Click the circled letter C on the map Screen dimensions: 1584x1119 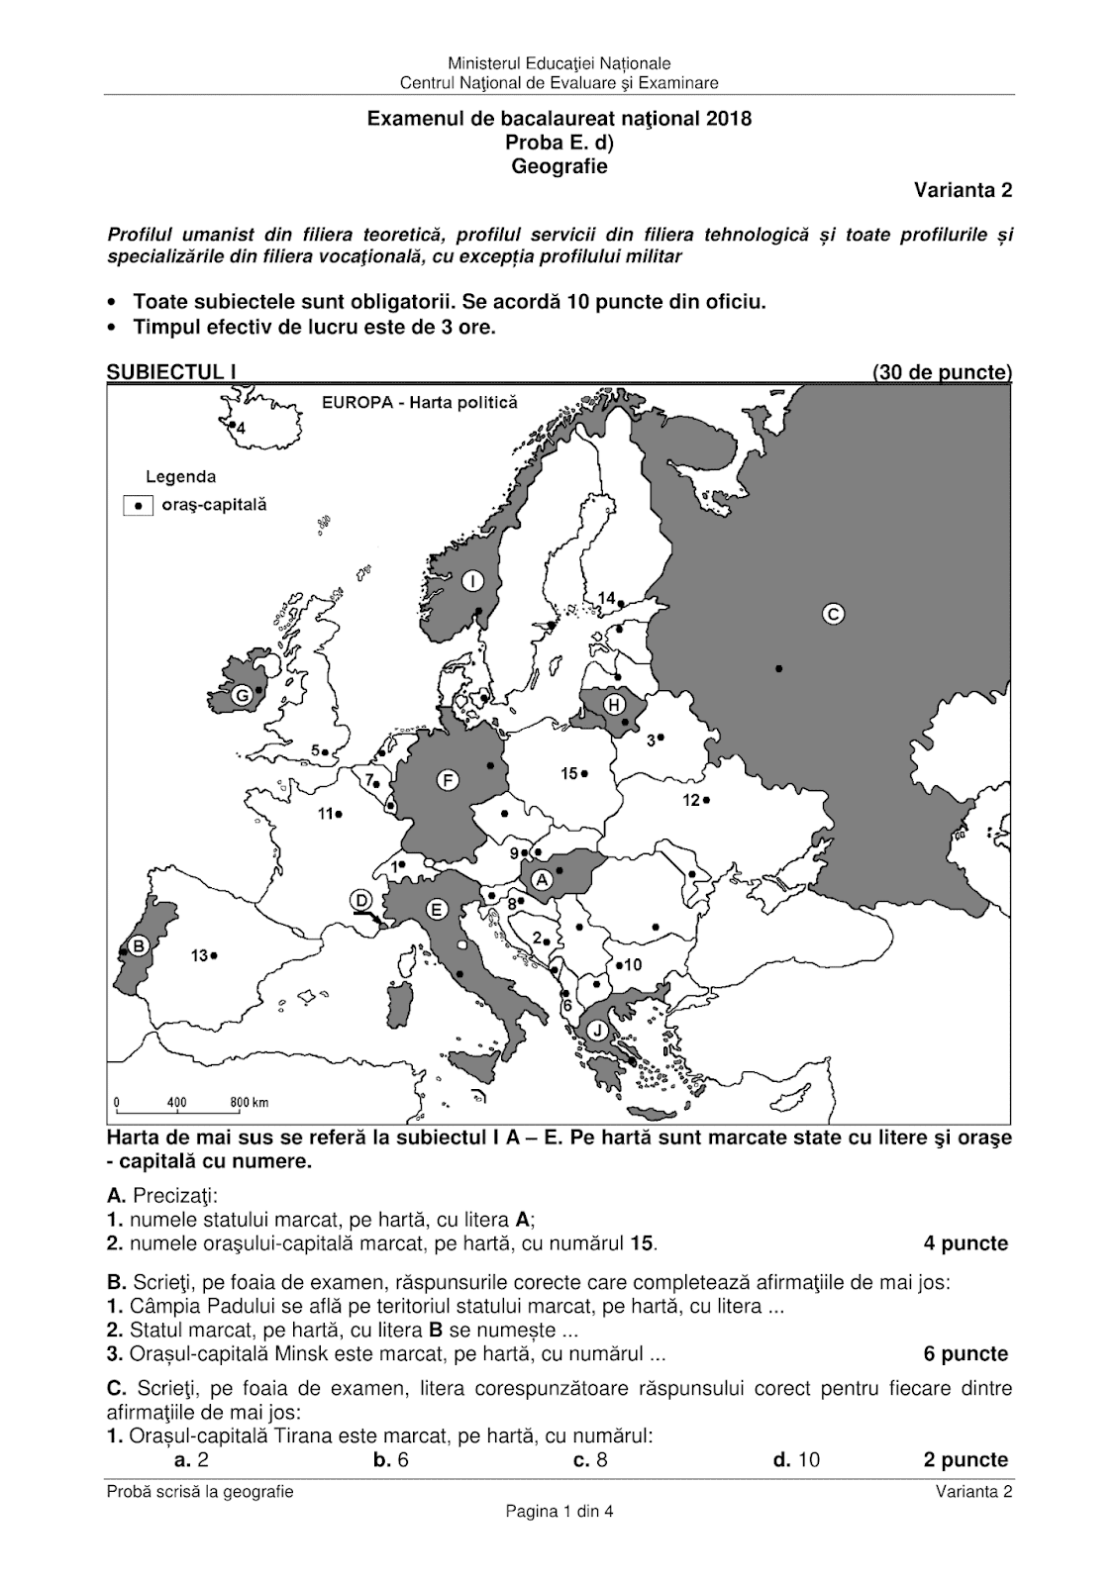click(833, 614)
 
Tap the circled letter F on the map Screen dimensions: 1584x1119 click(448, 780)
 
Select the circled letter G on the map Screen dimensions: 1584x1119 click(241, 697)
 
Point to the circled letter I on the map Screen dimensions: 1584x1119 click(473, 580)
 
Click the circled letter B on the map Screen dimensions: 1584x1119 click(140, 945)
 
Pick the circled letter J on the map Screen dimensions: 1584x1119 click(597, 1031)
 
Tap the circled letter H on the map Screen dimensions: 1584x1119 click(614, 704)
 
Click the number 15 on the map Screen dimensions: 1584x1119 click(569, 773)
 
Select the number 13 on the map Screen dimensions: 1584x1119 click(199, 955)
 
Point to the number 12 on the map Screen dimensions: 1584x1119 click(691, 800)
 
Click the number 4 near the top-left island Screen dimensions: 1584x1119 click(239, 429)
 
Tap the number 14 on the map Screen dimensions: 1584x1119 click(606, 597)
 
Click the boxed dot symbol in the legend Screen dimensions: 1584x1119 click(139, 505)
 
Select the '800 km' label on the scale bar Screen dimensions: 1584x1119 click(250, 1102)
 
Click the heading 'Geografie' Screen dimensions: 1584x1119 click(559, 166)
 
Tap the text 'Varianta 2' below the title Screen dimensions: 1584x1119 click(963, 191)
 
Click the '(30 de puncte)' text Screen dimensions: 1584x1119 click(942, 373)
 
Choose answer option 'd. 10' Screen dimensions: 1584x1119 click(796, 1459)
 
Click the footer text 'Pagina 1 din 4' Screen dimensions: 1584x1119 click(559, 1511)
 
